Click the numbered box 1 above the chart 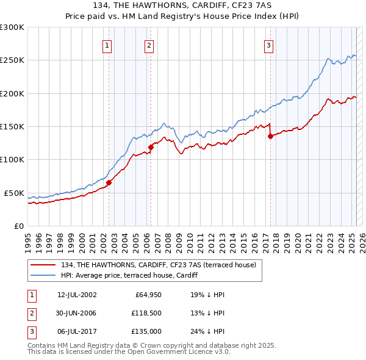pos(107,45)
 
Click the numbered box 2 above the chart pos(149,45)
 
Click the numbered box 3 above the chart pos(268,45)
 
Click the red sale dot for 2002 pos(109,182)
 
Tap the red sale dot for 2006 pos(151,146)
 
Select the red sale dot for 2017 pos(270,137)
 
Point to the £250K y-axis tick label pos(12,60)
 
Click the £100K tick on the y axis pos(12,160)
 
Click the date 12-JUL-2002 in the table pos(77,295)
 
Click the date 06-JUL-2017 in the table pos(77,332)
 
